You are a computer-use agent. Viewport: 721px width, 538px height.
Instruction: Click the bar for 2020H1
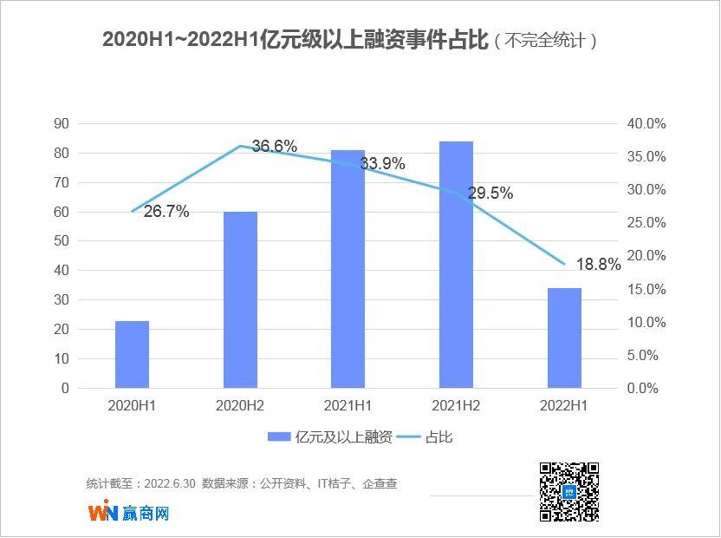pyautogui.click(x=132, y=354)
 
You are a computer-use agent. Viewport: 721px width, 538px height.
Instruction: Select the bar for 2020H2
pyautogui.click(x=240, y=299)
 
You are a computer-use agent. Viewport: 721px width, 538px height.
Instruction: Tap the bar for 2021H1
pyautogui.click(x=348, y=269)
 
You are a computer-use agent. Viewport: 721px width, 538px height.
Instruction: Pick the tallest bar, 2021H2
pyautogui.click(x=456, y=265)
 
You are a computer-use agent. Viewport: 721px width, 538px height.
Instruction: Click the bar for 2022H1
pyautogui.click(x=564, y=338)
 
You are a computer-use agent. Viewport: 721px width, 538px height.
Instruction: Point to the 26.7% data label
pyautogui.click(x=166, y=212)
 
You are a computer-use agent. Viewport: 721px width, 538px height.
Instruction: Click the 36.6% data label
pyautogui.click(x=275, y=146)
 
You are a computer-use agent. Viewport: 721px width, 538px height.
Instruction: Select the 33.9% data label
pyautogui.click(x=382, y=164)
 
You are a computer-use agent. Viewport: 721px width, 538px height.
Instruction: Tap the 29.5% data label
pyautogui.click(x=490, y=194)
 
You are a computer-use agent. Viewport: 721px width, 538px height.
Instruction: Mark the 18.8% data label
pyautogui.click(x=599, y=265)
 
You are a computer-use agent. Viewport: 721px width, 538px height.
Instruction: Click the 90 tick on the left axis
pyautogui.click(x=62, y=124)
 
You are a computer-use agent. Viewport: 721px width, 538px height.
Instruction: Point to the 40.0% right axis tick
pyautogui.click(x=646, y=124)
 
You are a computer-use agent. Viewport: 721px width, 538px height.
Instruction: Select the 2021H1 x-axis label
pyautogui.click(x=348, y=405)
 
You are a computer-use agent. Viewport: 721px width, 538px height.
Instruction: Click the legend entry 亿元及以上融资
pyautogui.click(x=330, y=437)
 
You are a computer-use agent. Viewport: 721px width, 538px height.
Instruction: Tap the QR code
pyautogui.click(x=569, y=492)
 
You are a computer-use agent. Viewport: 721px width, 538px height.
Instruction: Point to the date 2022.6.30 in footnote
pyautogui.click(x=173, y=483)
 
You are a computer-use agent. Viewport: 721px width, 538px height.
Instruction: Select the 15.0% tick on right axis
pyautogui.click(x=646, y=289)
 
